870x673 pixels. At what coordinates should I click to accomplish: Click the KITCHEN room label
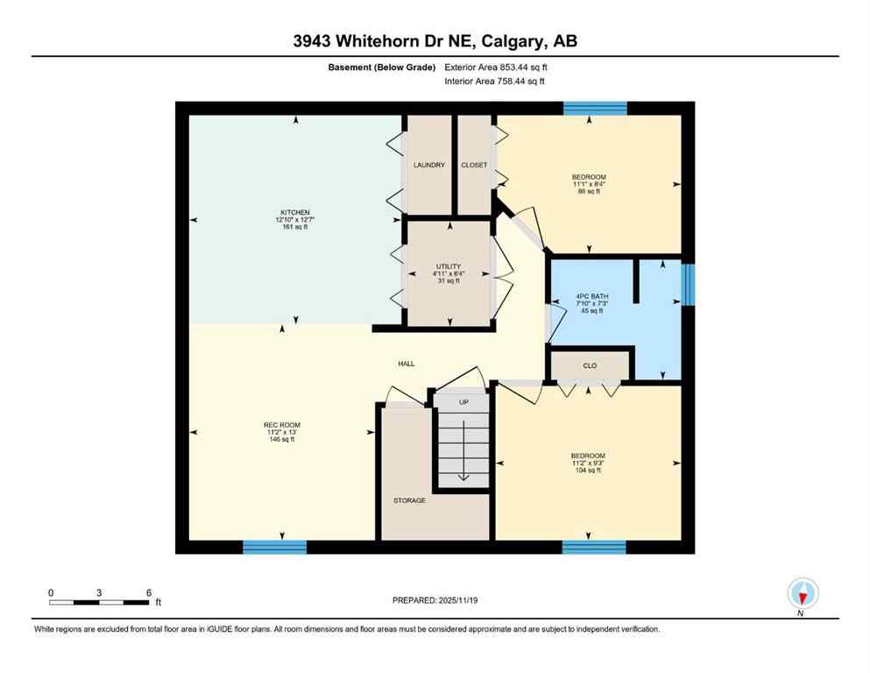(294, 213)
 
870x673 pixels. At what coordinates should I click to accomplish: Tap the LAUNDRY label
(429, 165)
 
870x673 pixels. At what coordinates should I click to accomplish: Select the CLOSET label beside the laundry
(474, 165)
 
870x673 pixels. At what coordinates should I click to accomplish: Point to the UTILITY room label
(449, 266)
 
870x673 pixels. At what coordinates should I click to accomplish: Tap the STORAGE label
(409, 500)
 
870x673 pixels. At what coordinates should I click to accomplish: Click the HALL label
(406, 364)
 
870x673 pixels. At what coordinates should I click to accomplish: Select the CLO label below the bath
(590, 365)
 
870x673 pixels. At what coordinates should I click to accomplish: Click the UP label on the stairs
(464, 401)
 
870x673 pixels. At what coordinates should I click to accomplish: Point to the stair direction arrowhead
(463, 478)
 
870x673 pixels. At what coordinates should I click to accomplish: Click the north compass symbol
(803, 593)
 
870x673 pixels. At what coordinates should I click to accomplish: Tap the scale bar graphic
(99, 602)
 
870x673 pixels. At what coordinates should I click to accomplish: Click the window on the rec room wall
(274, 547)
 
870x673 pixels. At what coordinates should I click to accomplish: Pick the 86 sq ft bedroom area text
(588, 191)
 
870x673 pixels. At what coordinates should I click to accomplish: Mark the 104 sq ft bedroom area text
(588, 471)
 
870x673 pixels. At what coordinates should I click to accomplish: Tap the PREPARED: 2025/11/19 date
(435, 600)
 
